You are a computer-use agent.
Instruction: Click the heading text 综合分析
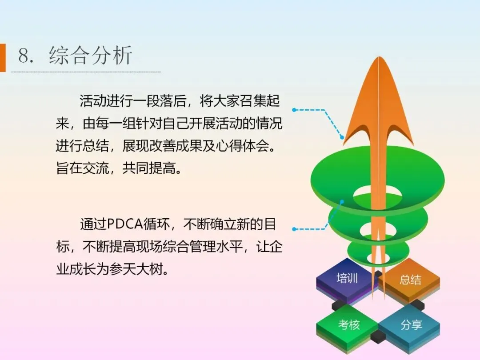click(x=90, y=56)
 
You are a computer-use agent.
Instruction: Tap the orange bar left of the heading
click(x=3, y=57)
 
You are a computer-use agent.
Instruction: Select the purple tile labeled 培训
click(x=347, y=280)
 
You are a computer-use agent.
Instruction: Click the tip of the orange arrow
click(x=379, y=57)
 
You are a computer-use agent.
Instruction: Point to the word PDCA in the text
click(x=125, y=224)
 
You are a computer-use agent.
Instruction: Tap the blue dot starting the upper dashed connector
click(x=294, y=110)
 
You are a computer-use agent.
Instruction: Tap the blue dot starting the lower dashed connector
click(x=294, y=229)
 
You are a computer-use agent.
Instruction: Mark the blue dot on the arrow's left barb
click(x=342, y=137)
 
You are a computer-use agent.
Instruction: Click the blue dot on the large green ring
click(x=342, y=201)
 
